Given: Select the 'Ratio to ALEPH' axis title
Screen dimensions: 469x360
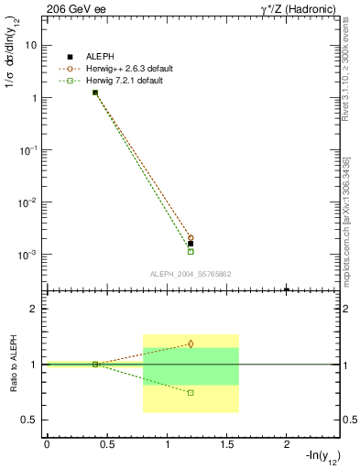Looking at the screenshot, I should (13, 364).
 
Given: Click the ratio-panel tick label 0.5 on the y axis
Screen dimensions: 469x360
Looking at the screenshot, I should (29, 420).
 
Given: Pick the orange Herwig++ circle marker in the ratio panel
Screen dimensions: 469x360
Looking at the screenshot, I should (191, 344).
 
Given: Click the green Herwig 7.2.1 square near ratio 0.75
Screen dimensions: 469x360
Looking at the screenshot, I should (191, 392).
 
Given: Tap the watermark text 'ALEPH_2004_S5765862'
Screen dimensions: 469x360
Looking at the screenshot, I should (190, 274).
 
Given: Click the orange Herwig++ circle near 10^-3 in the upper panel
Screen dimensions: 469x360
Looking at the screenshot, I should (191, 237).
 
